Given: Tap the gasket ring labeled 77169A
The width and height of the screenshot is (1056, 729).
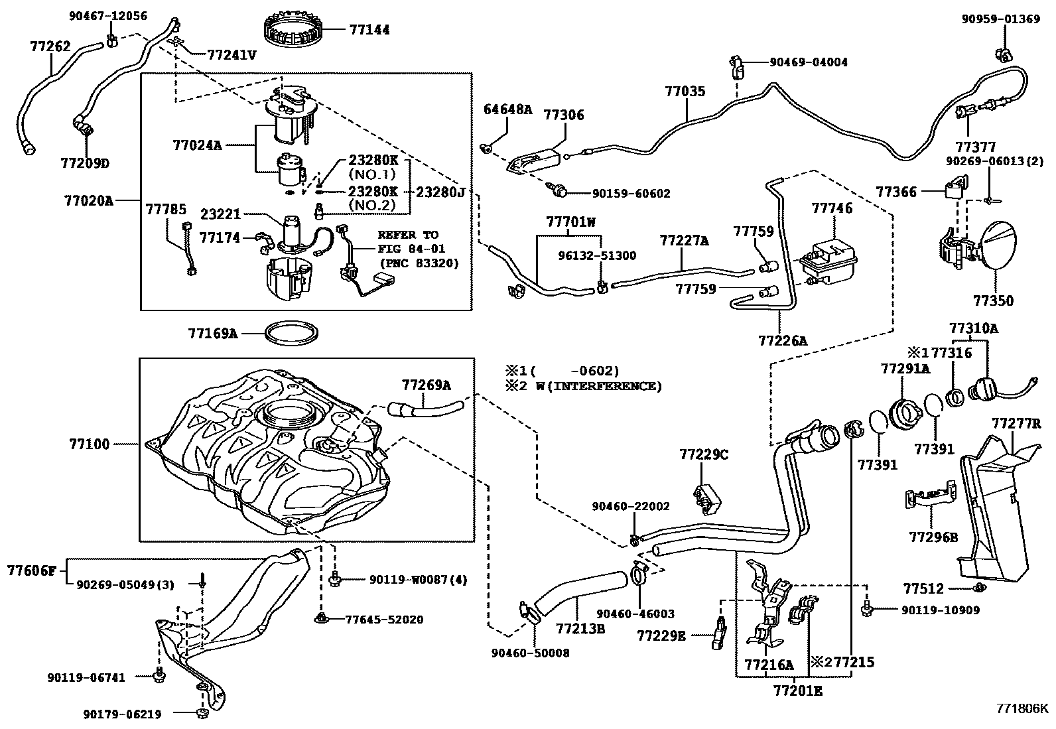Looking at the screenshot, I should click(x=291, y=334).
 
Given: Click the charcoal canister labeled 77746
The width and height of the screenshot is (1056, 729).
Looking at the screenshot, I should click(x=828, y=259).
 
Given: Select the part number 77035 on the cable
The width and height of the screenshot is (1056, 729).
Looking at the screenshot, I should click(x=685, y=92).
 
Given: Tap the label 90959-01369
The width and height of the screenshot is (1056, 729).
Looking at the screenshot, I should click(x=1001, y=19).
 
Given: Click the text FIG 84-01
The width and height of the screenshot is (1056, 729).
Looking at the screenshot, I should click(x=412, y=248).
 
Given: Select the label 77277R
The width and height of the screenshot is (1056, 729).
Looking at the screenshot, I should click(x=1016, y=423).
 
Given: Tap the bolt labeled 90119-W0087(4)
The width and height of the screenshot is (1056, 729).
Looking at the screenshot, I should click(x=335, y=580).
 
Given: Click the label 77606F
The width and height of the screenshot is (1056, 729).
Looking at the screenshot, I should click(x=33, y=570).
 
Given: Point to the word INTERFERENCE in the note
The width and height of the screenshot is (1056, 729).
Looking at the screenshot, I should click(x=616, y=386).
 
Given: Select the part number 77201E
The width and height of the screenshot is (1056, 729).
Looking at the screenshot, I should click(x=797, y=691).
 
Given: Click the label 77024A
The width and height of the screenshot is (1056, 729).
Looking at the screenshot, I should click(x=197, y=144).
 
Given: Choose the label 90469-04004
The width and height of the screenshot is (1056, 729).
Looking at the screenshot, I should click(x=808, y=62).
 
